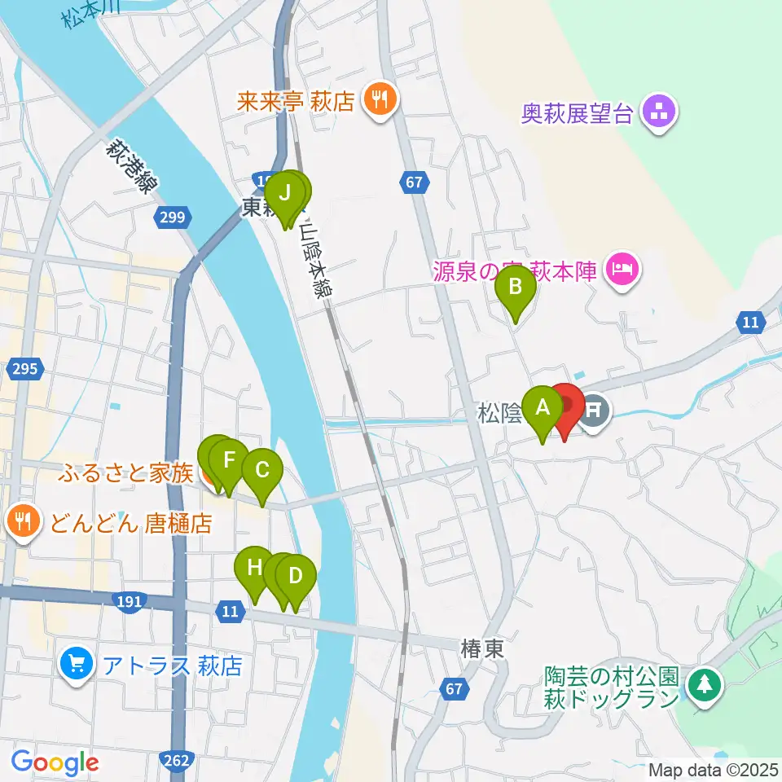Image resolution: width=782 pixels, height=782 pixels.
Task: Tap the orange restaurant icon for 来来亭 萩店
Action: [379, 101]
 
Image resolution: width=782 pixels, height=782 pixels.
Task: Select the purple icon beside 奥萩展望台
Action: [657, 113]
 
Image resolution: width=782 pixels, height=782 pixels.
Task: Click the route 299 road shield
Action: [174, 217]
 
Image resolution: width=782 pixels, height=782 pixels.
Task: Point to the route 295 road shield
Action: [25, 369]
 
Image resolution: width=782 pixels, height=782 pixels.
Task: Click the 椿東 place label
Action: [481, 649]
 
